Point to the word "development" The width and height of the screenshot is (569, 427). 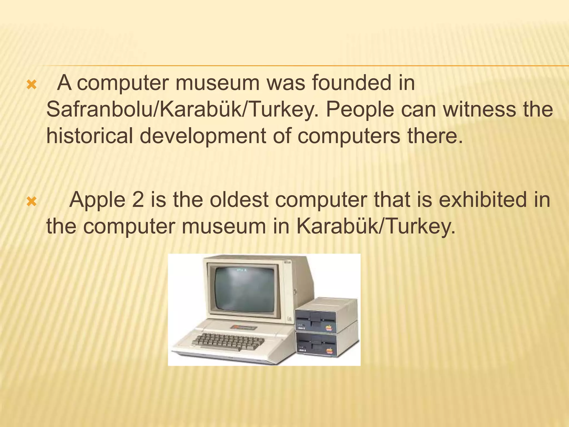[x=203, y=136]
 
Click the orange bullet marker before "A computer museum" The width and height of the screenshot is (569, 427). [x=31, y=85]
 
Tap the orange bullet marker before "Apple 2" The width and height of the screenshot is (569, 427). [x=31, y=202]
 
